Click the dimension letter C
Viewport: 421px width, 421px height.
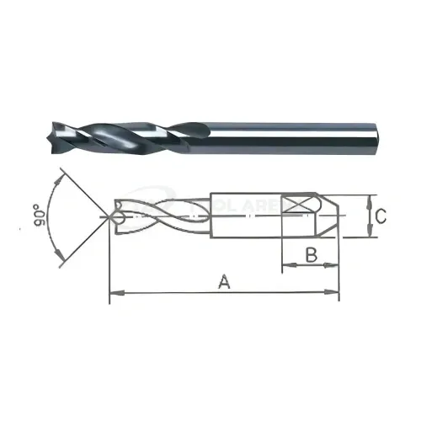(382, 217)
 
